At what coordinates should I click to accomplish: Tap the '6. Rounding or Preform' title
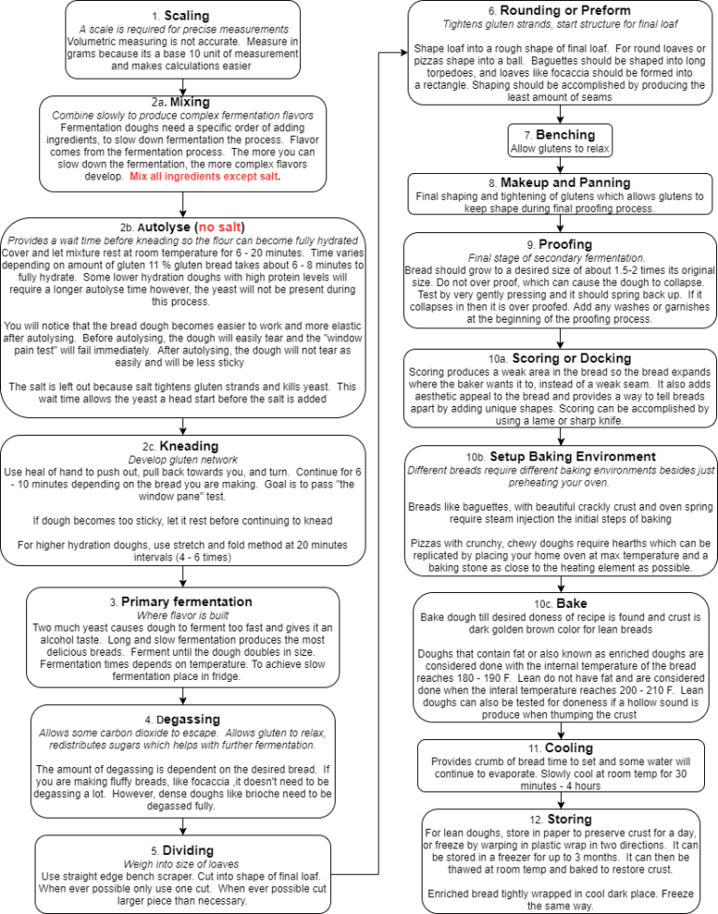point(558,10)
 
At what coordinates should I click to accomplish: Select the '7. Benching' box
point(558,141)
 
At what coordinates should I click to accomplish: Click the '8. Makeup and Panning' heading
point(558,181)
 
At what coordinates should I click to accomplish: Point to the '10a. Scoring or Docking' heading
point(558,358)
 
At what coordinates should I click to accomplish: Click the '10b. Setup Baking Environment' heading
point(558,457)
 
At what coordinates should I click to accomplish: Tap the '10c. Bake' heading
point(558,603)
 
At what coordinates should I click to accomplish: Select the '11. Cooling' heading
point(558,747)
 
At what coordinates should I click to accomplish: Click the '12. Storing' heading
point(558,820)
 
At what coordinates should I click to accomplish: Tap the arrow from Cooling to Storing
point(558,800)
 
